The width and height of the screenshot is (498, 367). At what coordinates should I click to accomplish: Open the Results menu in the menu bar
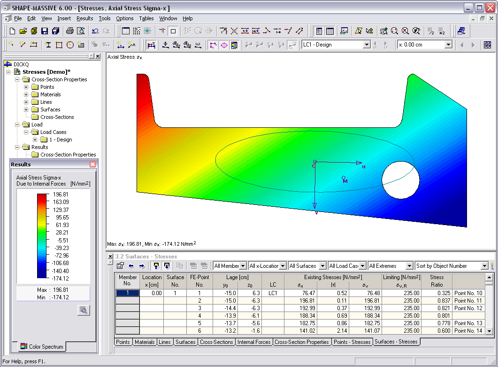click(x=84, y=18)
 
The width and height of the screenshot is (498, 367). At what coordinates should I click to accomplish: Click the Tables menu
click(x=146, y=18)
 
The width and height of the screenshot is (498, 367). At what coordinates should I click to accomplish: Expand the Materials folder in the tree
click(x=27, y=94)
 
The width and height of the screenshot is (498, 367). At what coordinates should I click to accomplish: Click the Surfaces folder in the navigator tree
click(x=50, y=109)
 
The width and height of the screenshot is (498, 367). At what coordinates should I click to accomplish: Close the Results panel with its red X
click(x=92, y=164)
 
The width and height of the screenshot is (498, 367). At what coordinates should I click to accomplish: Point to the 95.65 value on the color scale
click(x=62, y=218)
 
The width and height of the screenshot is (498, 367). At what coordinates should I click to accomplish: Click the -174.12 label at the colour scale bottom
click(x=61, y=278)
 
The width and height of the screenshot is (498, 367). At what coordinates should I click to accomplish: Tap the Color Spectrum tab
click(x=43, y=347)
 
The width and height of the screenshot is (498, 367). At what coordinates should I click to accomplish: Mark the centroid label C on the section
click(x=314, y=166)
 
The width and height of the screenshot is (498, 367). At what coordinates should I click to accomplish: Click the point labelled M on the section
click(x=345, y=181)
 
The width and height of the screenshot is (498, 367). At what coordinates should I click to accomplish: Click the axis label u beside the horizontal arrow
click(x=364, y=166)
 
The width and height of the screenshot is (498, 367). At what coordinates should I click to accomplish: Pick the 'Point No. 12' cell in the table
click(x=468, y=308)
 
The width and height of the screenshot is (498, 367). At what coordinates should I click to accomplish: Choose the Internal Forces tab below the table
click(x=254, y=342)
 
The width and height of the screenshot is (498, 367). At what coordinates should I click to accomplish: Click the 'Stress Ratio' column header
click(x=437, y=281)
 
